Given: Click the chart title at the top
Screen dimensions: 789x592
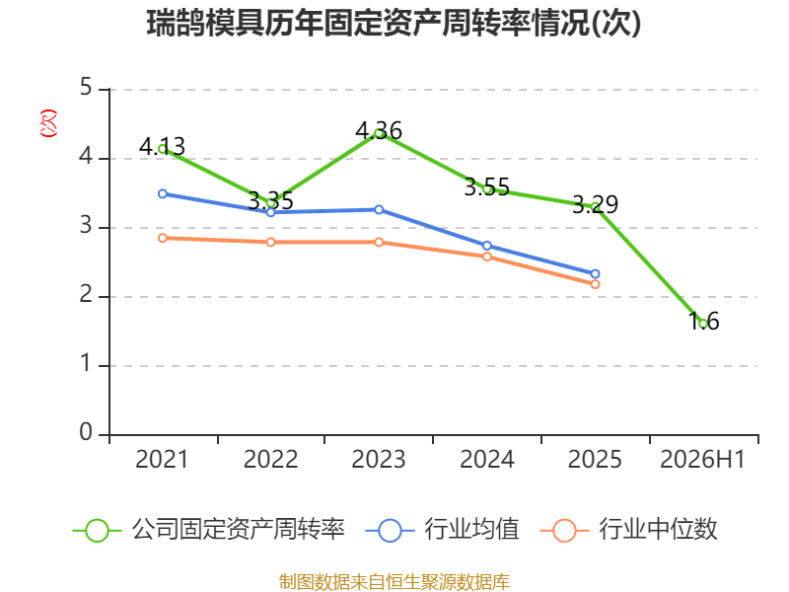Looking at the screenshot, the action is point(394,23).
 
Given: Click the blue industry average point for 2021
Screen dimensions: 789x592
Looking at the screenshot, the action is point(163,193).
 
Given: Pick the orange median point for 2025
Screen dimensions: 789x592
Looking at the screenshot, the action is point(595,284).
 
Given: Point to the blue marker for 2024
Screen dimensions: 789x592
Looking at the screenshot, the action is point(487,246).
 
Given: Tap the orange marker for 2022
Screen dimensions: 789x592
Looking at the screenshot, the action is point(270,242).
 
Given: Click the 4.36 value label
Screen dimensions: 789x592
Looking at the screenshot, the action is point(379,131).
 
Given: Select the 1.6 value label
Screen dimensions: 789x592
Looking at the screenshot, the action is point(703,322).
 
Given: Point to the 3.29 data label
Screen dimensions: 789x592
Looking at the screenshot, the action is point(596,204).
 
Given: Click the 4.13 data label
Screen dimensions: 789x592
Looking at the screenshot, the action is point(162,146).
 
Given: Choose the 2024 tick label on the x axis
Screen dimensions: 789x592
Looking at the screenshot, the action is point(487,460).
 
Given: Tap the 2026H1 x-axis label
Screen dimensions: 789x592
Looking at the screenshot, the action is point(702,460).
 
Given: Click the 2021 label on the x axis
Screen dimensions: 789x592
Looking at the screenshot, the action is point(162,460).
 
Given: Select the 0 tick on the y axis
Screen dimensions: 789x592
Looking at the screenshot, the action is point(86,432).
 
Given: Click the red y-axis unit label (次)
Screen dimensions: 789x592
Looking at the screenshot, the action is point(48,123).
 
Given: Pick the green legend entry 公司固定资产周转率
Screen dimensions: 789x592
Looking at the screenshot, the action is point(209,530).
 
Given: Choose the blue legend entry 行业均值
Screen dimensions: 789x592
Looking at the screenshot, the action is point(442,530).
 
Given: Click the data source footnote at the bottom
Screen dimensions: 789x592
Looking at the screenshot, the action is point(394,582).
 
